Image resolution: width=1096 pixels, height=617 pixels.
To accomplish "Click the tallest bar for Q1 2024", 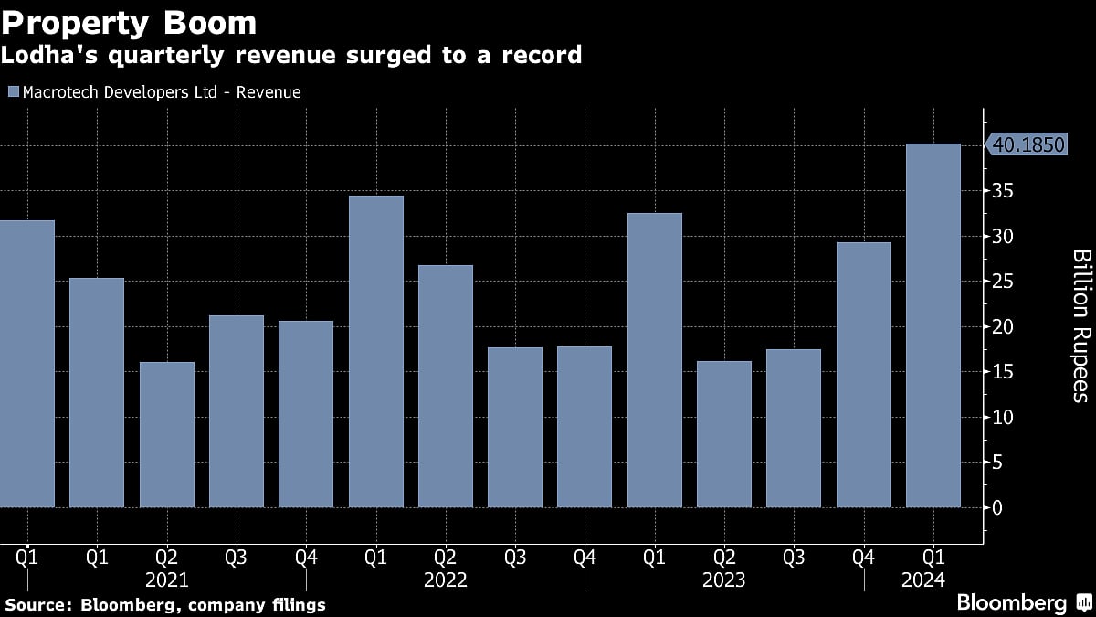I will (933, 324).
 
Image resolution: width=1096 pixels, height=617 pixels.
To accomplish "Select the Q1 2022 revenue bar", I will (375, 351).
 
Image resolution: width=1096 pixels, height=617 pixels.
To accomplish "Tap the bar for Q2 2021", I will (166, 434).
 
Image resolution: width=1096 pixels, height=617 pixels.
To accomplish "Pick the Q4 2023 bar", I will (863, 374).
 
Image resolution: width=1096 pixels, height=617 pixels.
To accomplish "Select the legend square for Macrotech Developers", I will (12, 92).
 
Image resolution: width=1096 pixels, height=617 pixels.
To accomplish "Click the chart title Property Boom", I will (128, 22).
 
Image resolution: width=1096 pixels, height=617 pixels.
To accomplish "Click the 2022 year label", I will (445, 580).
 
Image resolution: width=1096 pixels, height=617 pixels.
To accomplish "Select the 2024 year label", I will (933, 580).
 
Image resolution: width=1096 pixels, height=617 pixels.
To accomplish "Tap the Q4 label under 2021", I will (306, 556).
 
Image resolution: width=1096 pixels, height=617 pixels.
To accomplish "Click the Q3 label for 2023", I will (793, 556).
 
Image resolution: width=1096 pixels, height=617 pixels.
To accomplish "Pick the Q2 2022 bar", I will (445, 386).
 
